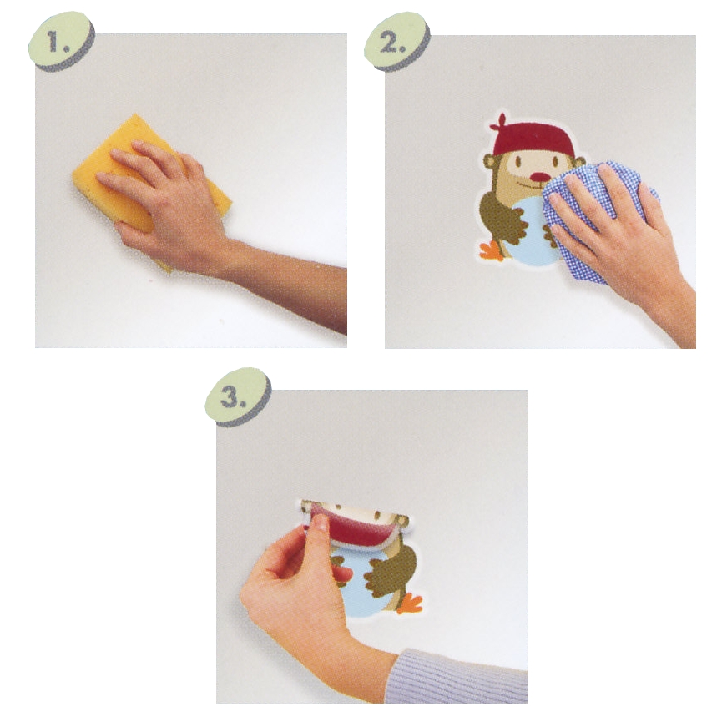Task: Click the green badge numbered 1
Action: tap(62, 41)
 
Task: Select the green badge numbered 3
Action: tap(238, 396)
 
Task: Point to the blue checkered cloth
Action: tap(598, 218)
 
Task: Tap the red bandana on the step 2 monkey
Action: tap(533, 139)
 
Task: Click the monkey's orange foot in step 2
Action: tap(492, 251)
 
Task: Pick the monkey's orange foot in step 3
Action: tap(410, 603)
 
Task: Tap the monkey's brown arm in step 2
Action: tap(503, 218)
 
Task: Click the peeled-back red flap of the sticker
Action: tap(355, 528)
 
